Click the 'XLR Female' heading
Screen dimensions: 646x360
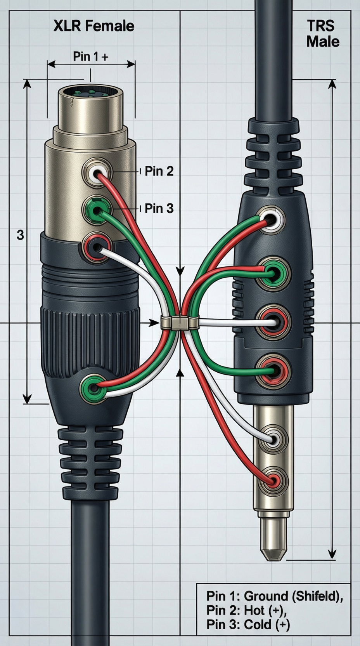(x=93, y=26)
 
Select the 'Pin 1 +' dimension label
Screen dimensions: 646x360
(x=90, y=57)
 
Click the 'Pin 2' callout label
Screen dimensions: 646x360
(x=159, y=171)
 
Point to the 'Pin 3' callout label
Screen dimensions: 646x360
(x=159, y=208)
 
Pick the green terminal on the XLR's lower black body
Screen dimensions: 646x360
(x=93, y=387)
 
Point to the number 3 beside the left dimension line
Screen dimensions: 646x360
(x=20, y=235)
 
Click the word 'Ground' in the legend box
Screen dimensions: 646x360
(x=266, y=596)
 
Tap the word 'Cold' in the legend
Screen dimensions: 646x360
(x=258, y=624)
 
